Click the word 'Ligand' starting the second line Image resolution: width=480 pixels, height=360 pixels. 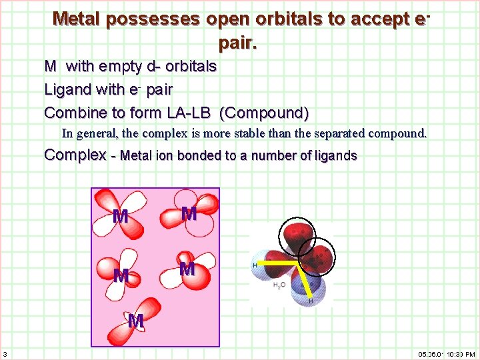[65, 89]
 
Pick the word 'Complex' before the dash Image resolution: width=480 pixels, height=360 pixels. [75, 155]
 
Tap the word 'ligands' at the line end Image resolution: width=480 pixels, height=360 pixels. [333, 156]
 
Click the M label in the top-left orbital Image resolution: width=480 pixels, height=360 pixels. [121, 217]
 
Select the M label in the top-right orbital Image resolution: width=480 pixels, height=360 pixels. [189, 214]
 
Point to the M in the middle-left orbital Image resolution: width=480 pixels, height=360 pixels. [121, 275]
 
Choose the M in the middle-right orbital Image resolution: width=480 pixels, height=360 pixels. [187, 269]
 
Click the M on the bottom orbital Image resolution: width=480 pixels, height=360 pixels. [135, 321]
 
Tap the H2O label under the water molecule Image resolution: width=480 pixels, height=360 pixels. [280, 285]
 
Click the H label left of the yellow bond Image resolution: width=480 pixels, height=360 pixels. [254, 265]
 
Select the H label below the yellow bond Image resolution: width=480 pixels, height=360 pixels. [311, 301]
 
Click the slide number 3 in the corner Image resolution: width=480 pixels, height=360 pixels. [5, 353]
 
